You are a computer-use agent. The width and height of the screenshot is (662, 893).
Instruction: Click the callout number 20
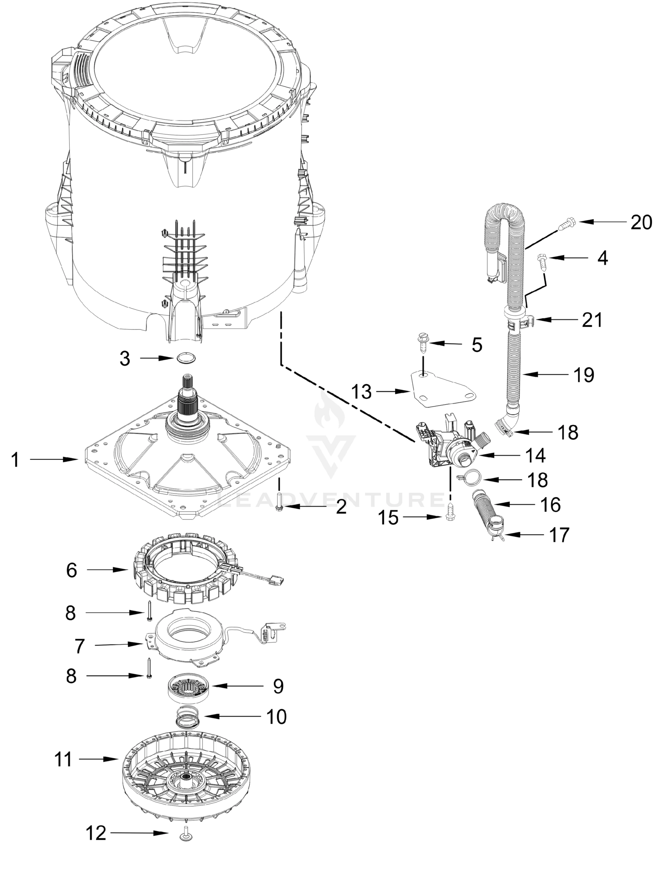pos(641,223)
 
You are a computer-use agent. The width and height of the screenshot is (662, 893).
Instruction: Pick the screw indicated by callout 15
pos(450,517)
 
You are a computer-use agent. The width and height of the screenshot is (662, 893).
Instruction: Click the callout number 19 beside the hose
pos(583,375)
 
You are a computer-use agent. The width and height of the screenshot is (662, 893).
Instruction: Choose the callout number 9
pos(278,686)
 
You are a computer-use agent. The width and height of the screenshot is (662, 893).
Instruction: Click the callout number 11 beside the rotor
pos(63,759)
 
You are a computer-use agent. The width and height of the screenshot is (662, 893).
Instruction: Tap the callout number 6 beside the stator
pos(72,570)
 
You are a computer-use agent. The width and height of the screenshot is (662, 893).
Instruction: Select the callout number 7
pos(80,646)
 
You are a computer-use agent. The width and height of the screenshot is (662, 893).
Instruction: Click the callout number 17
pos(559,535)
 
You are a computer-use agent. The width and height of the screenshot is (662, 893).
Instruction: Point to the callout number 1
pos(15,460)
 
